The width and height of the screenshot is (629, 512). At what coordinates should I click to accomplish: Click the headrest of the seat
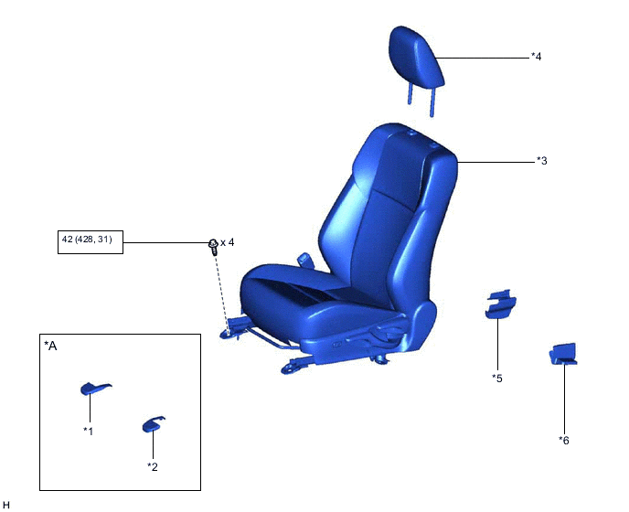tap(417, 55)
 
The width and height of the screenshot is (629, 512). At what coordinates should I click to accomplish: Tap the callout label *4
tap(537, 57)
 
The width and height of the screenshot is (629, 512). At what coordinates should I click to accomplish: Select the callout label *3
tap(541, 161)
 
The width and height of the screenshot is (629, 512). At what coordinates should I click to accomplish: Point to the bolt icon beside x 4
tap(213, 243)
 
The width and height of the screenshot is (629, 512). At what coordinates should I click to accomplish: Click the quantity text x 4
tap(228, 242)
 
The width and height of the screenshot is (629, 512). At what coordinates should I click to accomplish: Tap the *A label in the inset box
tap(50, 346)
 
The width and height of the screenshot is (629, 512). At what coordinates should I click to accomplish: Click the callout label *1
tap(89, 431)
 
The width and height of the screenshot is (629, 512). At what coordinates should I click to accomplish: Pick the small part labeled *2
tap(153, 424)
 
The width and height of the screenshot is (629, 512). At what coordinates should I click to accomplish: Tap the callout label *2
tap(153, 466)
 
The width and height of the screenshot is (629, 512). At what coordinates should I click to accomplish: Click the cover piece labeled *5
tap(499, 304)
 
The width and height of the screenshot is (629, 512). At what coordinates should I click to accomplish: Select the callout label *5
tap(496, 378)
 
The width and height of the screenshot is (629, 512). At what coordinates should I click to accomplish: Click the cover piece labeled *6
tap(562, 354)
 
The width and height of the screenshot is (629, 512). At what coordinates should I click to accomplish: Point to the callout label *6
tap(564, 440)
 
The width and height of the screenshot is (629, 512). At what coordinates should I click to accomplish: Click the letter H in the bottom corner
tap(6, 504)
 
